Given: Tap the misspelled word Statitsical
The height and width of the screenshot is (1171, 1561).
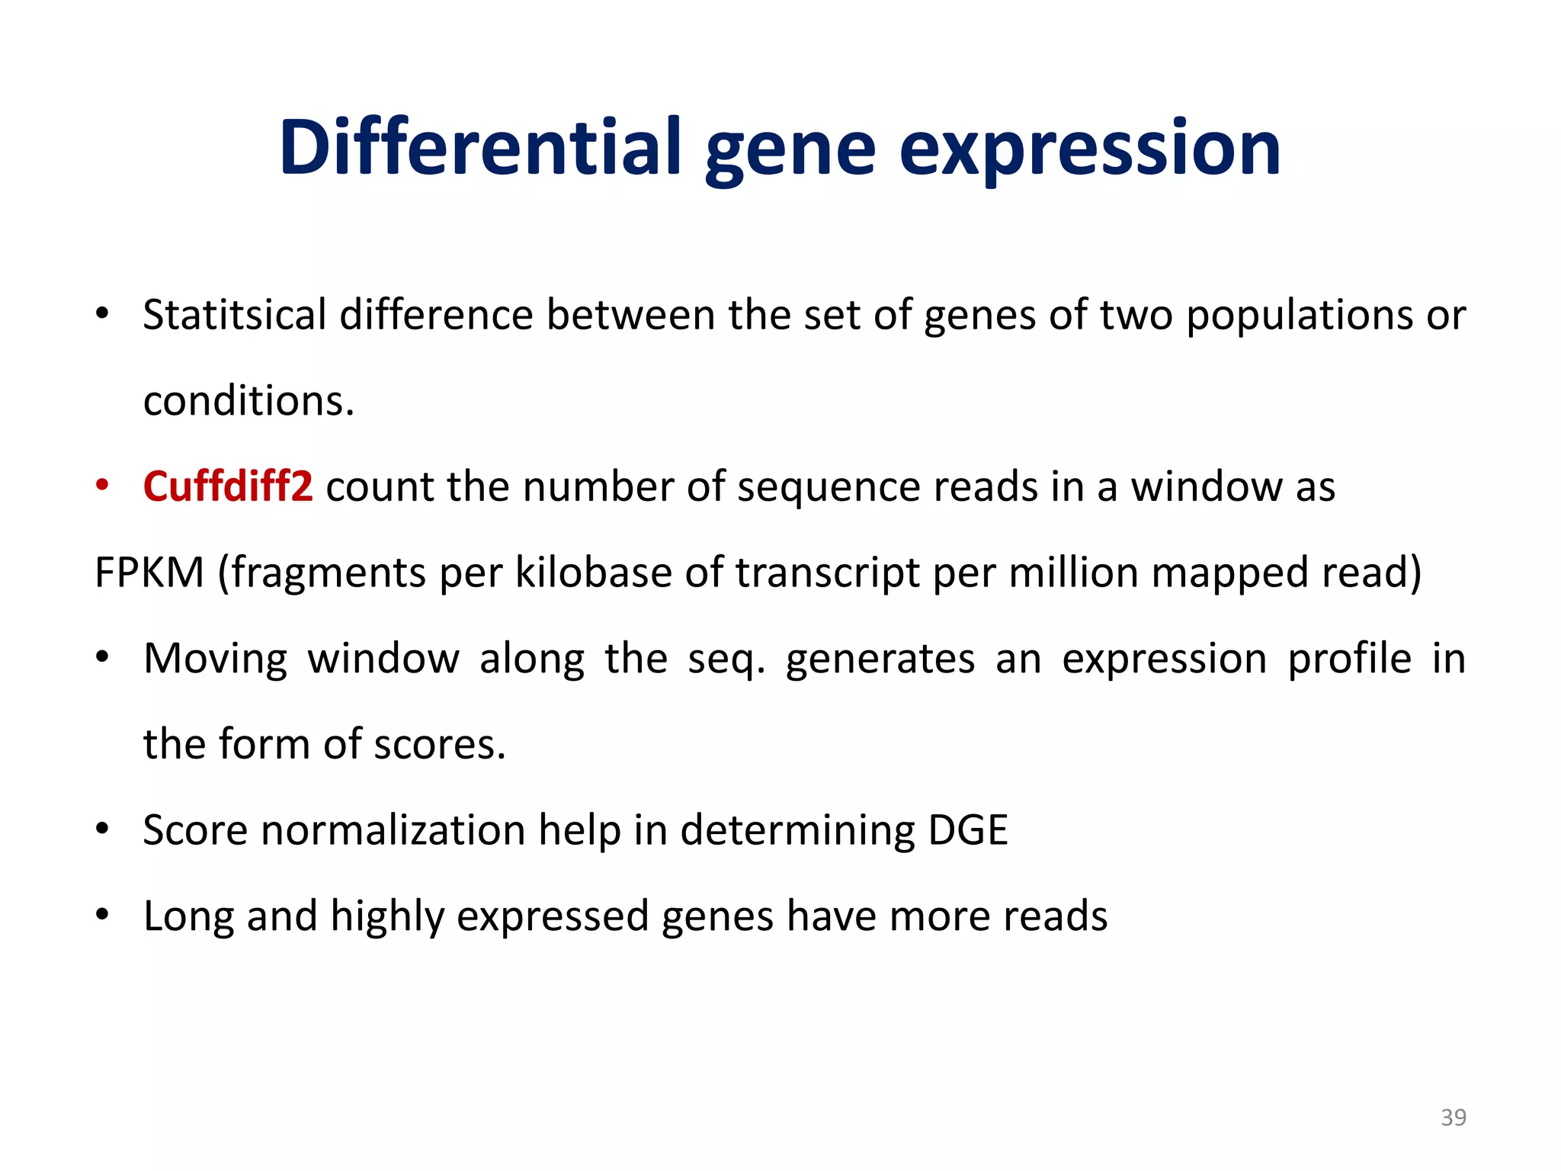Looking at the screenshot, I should (235, 315).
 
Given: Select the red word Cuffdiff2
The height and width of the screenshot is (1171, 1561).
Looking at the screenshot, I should (228, 486).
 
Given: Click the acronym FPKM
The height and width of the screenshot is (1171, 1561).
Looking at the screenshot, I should (149, 573).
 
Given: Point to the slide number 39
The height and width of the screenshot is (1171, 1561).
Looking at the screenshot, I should (1454, 1117).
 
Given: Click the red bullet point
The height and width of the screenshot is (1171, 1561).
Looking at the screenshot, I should (102, 485).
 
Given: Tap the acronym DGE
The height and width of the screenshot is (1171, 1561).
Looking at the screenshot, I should (968, 829).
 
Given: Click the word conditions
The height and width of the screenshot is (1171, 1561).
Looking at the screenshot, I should (248, 401).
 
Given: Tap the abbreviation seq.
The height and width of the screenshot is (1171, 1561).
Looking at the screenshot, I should (726, 659).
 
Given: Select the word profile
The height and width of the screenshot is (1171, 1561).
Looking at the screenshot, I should (1350, 659).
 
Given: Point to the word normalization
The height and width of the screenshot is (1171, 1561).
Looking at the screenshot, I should (393, 829).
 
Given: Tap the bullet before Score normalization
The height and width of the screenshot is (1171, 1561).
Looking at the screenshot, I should (102, 829).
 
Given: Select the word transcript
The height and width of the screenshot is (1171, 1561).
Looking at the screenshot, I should (827, 573).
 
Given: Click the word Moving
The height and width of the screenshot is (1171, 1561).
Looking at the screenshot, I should (216, 659).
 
